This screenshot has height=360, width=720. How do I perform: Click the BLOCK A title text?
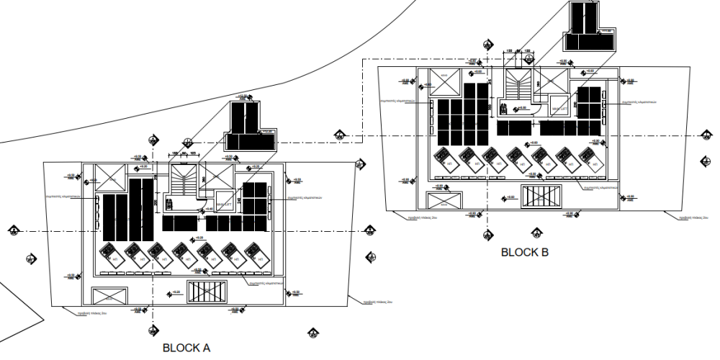pyautogui.click(x=186, y=348)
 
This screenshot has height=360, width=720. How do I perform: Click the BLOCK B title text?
pyautogui.click(x=524, y=253)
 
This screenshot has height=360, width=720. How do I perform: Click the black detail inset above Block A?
pyautogui.click(x=249, y=126)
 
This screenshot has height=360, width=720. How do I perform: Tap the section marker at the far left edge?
pyautogui.click(x=13, y=230)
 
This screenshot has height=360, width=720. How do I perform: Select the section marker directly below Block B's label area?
pyautogui.click(x=534, y=232)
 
